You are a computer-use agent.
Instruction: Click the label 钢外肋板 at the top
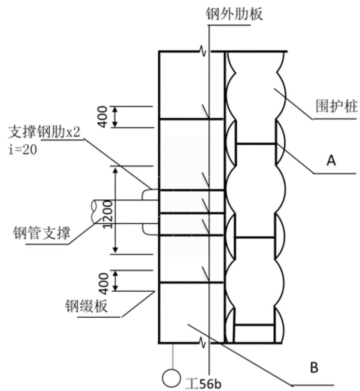point(234,15)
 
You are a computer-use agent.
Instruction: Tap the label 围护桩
point(336,107)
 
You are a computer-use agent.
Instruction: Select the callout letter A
point(331,160)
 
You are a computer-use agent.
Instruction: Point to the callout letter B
point(314,367)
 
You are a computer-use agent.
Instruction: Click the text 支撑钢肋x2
point(45,132)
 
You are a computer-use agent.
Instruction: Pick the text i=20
point(23,149)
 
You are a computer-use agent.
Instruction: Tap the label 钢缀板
point(87,306)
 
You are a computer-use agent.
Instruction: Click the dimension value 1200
point(107,214)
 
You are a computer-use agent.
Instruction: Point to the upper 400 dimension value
point(103,117)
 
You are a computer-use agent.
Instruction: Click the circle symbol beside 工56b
point(171,378)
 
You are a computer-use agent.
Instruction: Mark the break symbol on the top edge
point(204,51)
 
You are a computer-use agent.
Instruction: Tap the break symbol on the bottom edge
point(204,343)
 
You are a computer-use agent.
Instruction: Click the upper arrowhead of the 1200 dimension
point(115,170)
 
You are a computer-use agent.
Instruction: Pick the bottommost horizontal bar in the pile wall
point(254,325)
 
